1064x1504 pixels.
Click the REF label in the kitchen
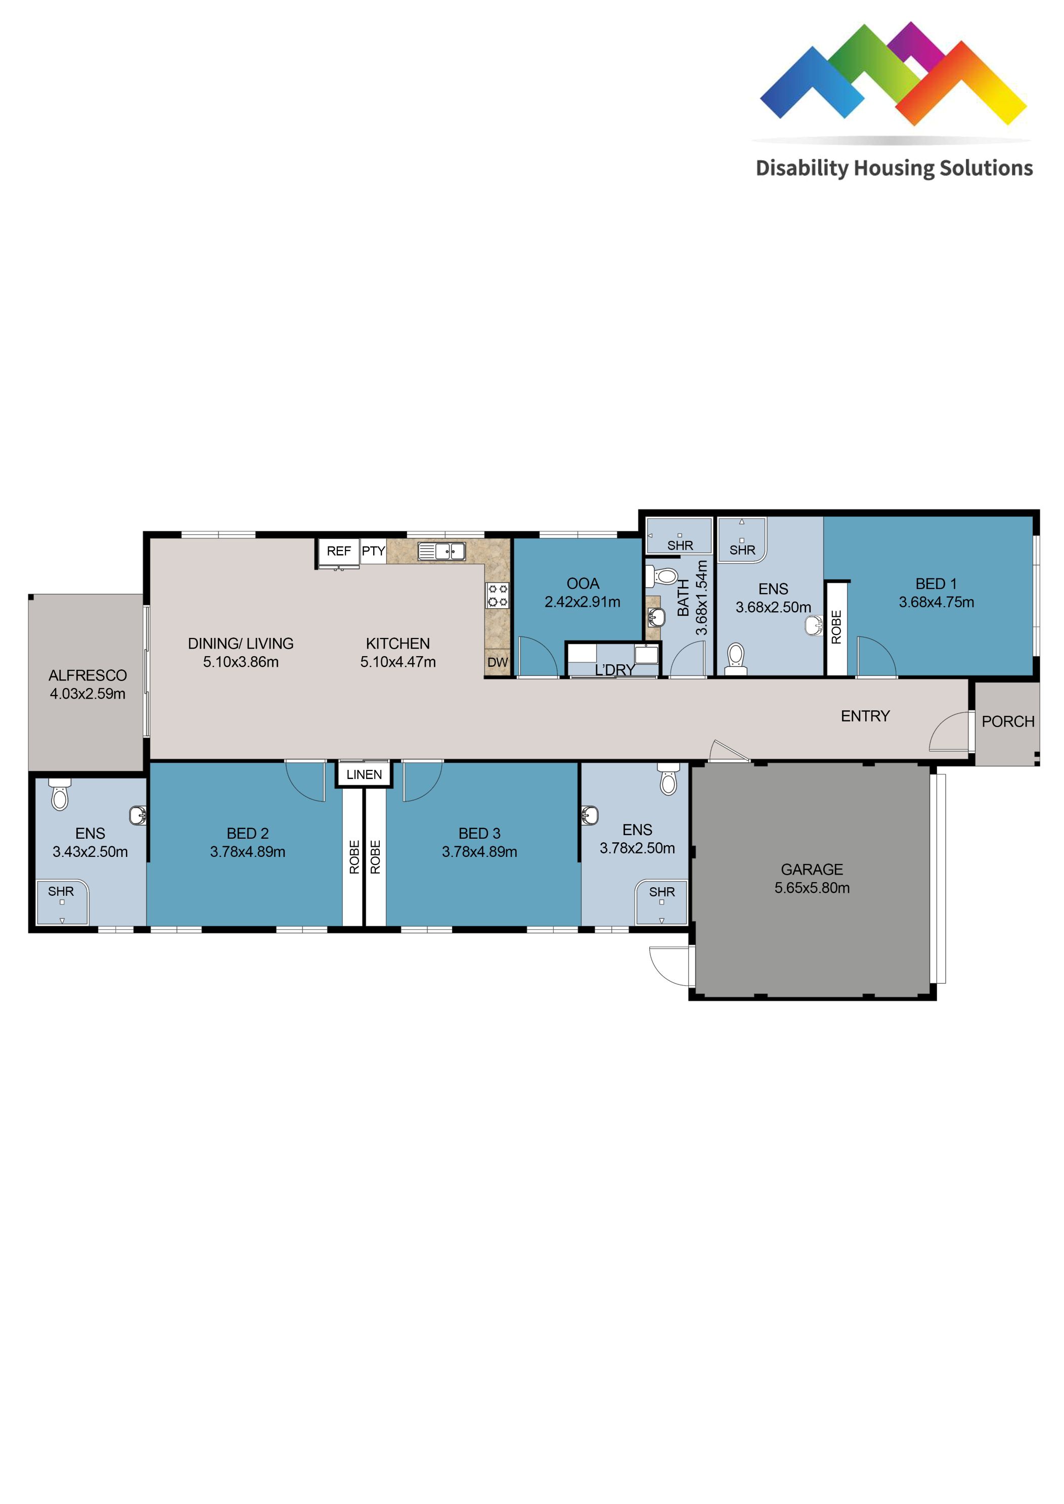tap(338, 552)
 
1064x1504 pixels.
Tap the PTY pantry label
tap(373, 551)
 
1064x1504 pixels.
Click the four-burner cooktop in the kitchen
tap(497, 596)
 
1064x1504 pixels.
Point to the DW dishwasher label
tap(497, 662)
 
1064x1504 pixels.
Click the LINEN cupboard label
tap(364, 775)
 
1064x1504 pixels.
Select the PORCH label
tap(1008, 722)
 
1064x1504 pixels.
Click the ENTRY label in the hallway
tap(865, 717)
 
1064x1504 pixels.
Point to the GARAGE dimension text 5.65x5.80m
tap(812, 888)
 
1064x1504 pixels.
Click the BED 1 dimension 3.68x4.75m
tap(936, 603)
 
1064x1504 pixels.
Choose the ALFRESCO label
tap(88, 675)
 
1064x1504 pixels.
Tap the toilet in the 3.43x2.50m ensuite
tap(60, 795)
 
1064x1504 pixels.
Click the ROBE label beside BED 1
tap(836, 627)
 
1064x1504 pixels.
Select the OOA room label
tap(583, 583)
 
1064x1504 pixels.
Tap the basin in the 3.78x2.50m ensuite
tap(590, 815)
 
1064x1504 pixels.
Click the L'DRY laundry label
tap(614, 670)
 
